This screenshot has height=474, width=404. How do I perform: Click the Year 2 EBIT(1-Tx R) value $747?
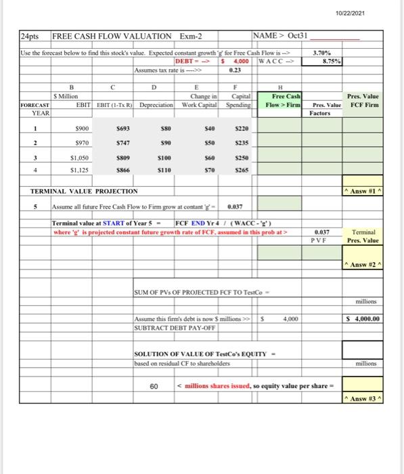tap(122, 144)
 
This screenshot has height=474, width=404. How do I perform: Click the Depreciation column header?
tap(159, 106)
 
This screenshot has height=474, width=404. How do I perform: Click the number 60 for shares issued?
tap(154, 387)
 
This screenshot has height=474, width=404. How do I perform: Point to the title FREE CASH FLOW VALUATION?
tap(112, 36)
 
